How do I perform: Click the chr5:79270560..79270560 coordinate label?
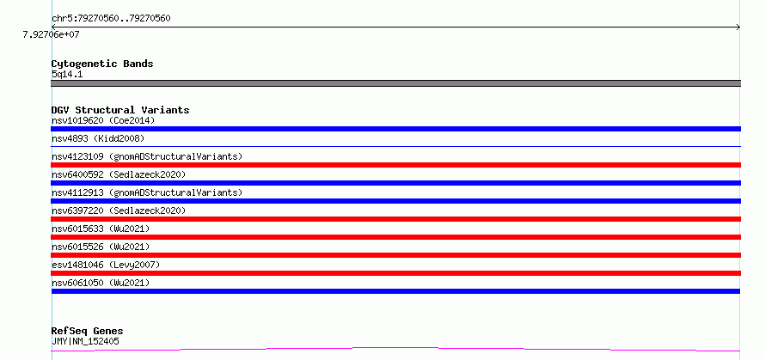pos(111,19)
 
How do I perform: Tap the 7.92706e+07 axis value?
pos(52,34)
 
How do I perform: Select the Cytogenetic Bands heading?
pos(102,64)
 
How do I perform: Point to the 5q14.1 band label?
pos(67,75)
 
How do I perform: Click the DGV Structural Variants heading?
pos(120,110)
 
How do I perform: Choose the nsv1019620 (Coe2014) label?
pos(103,120)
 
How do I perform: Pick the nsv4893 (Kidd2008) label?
pos(98,138)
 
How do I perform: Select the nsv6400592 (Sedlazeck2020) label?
pos(119,174)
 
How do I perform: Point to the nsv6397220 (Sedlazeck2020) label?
pos(119,211)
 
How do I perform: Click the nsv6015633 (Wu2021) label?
pos(101,229)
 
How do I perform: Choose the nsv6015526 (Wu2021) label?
pos(101,247)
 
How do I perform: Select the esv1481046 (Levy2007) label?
pos(106,265)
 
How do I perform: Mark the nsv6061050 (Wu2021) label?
pos(101,283)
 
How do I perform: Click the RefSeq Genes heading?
pos(88,332)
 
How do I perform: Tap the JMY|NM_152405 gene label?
pos(85,341)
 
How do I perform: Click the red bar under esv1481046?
pos(395,273)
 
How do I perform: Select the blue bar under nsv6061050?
pos(395,291)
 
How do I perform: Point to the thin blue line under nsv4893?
pos(395,146)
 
